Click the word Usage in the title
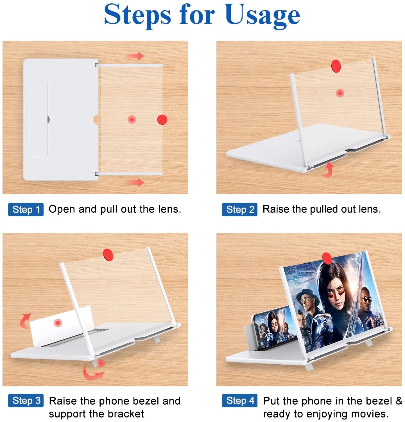pyautogui.click(x=263, y=15)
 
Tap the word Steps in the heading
pyautogui.click(x=137, y=14)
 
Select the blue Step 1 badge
pyautogui.click(x=26, y=210)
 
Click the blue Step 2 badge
pyautogui.click(x=240, y=210)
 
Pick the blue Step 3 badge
pyautogui.click(x=26, y=401)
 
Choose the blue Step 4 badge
pyautogui.click(x=240, y=401)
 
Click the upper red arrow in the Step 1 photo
pyautogui.click(x=135, y=56)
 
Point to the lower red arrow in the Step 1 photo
pyautogui.click(x=135, y=182)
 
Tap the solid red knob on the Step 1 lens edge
pyautogui.click(x=162, y=120)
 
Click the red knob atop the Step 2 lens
pyautogui.click(x=336, y=66)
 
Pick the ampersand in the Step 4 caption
pyautogui.click(x=399, y=401)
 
